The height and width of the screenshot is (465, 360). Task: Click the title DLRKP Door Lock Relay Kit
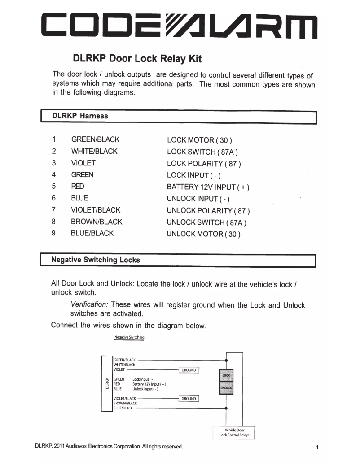pos(137,59)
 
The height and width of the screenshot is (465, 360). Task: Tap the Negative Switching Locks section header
pos(96,260)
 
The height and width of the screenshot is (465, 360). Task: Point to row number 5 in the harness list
pos(53,187)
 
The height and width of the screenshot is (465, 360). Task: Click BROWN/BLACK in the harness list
pos(97,222)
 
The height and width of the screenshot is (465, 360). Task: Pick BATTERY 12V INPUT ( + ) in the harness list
pos(208,187)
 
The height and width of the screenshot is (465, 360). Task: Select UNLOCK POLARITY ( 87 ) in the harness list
pos(208,210)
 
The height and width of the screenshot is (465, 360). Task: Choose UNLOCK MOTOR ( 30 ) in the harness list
pos(204,234)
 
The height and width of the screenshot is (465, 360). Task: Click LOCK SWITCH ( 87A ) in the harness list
pos(202,152)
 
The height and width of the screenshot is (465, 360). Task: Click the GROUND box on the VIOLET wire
pos(189,370)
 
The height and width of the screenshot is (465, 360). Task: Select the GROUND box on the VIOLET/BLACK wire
pos(189,398)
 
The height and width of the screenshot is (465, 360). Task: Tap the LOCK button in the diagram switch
pos(226,375)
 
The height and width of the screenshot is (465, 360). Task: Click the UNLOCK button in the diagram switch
pos(226,387)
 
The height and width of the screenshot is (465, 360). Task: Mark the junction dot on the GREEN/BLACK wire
pos(226,360)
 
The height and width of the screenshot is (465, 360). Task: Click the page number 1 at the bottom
pos(317,447)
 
